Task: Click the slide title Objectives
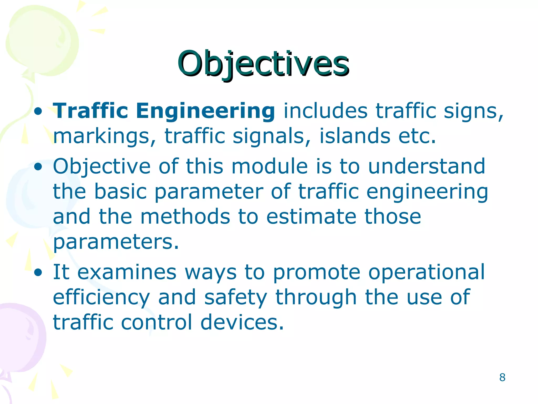pyautogui.click(x=263, y=64)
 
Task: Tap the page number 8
pyautogui.click(x=502, y=377)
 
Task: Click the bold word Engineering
pyautogui.click(x=205, y=111)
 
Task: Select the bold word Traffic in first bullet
pyautogui.click(x=90, y=111)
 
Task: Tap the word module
pyautogui.click(x=270, y=166)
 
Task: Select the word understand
pyautogui.click(x=426, y=166)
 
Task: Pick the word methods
pyautogui.click(x=185, y=217)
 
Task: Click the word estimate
pyautogui.click(x=311, y=217)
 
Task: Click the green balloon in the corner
pyautogui.click(x=42, y=39)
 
